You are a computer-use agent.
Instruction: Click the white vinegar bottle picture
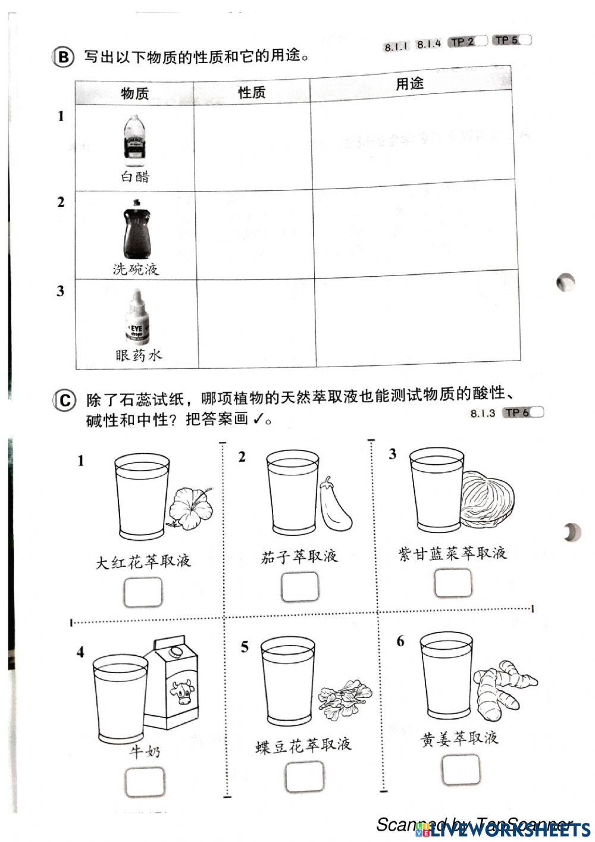tap(134, 140)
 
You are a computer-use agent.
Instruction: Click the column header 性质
tap(252, 92)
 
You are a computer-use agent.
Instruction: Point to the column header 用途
tap(410, 84)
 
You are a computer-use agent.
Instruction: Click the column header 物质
tap(134, 93)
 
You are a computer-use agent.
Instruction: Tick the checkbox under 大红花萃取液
tap(143, 591)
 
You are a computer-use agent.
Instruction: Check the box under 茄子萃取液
tap(299, 587)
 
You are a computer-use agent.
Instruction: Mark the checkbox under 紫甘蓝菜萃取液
tap(453, 583)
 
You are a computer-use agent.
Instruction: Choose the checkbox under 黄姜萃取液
tap(461, 769)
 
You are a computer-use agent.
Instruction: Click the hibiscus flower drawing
tap(189, 506)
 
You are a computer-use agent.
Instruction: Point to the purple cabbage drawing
tap(488, 499)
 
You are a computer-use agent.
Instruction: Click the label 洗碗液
tap(136, 269)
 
